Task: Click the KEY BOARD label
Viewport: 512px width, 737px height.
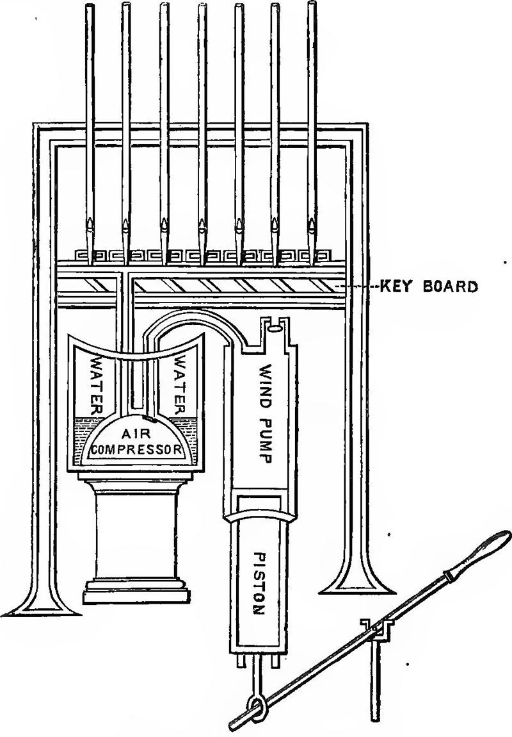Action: [428, 286]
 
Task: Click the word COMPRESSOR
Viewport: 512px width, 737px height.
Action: [136, 449]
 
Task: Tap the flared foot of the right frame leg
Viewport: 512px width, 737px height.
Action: [356, 578]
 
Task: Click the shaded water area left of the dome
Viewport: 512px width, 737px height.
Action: [84, 437]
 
